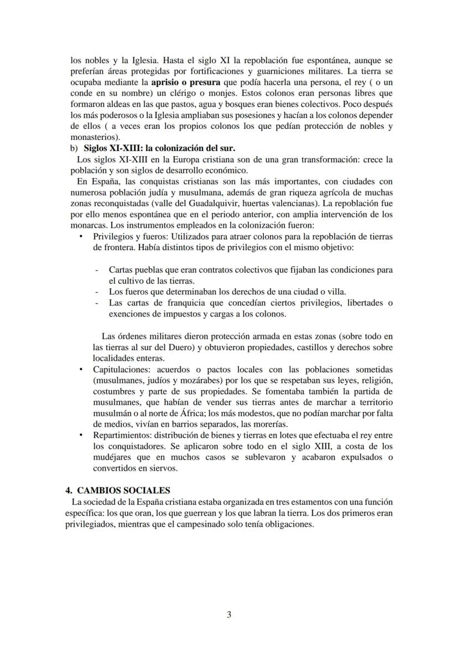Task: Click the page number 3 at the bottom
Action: click(x=229, y=613)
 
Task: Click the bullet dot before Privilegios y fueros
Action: click(x=81, y=236)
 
